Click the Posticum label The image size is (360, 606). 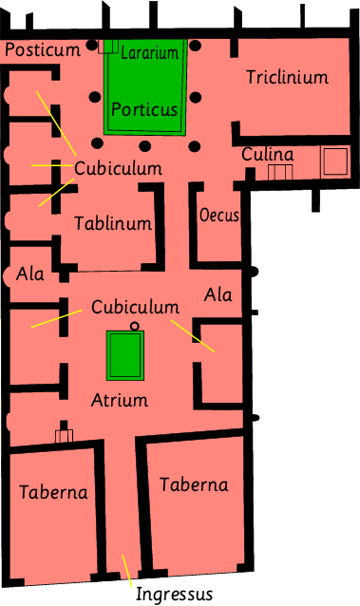tap(43, 49)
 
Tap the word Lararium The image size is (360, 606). tap(150, 52)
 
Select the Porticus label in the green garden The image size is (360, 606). tap(144, 109)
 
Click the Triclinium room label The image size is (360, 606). tap(287, 77)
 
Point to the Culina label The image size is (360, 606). tap(268, 154)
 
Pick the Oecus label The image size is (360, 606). tap(218, 215)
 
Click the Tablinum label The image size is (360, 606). tap(113, 223)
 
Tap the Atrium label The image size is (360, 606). tap(120, 400)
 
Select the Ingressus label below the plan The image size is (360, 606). tap(174, 594)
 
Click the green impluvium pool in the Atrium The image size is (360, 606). tap(125, 355)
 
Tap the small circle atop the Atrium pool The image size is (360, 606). tap(134, 326)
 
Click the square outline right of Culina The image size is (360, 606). tap(335, 161)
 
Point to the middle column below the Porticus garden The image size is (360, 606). tap(145, 146)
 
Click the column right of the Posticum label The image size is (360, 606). tap(91, 45)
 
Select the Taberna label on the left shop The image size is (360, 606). tap(53, 492)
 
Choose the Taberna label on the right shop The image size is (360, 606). tap(194, 484)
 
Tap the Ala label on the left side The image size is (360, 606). tap(29, 274)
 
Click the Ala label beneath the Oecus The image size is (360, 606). tap(218, 294)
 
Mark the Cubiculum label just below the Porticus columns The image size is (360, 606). tap(118, 168)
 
